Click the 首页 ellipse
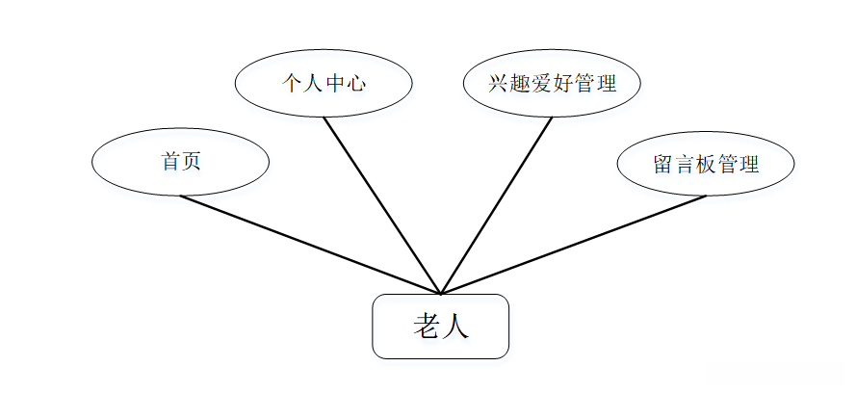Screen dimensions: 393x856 pyautogui.click(x=180, y=162)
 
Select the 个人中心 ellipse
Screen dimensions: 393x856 pyautogui.click(x=324, y=83)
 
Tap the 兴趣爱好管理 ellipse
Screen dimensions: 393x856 pyautogui.click(x=552, y=83)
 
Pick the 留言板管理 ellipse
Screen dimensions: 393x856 pyautogui.click(x=706, y=163)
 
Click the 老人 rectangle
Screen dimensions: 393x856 pyautogui.click(x=440, y=327)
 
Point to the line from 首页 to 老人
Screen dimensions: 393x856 pyautogui.click(x=310, y=245)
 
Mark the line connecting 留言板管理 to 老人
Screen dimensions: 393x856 pyautogui.click(x=574, y=245)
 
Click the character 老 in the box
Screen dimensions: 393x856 pyautogui.click(x=427, y=327)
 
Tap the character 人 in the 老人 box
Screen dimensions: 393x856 pyautogui.click(x=455, y=327)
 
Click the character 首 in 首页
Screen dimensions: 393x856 pyautogui.click(x=170, y=162)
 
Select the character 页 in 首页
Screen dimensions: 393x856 pyautogui.click(x=191, y=162)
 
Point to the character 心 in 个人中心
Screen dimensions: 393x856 pyautogui.click(x=355, y=83)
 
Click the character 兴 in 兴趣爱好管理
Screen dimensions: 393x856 pyautogui.click(x=499, y=83)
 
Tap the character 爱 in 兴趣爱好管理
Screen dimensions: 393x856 pyautogui.click(x=541, y=83)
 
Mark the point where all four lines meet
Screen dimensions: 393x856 pyautogui.click(x=440, y=294)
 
